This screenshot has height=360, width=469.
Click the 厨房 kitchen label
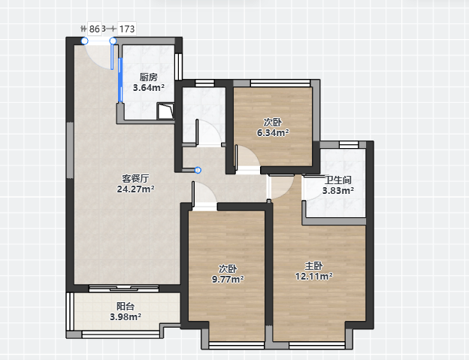click(149, 77)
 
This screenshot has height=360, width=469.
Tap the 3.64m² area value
click(149, 88)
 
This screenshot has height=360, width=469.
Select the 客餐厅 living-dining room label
click(135, 179)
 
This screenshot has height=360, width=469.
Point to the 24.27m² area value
click(135, 189)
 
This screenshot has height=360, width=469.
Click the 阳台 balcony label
click(126, 307)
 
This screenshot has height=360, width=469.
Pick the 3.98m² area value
click(126, 316)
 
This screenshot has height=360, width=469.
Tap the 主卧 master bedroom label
click(313, 265)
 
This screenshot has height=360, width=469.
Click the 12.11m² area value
click(313, 276)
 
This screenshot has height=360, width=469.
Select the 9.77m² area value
click(228, 279)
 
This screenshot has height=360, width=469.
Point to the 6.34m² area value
click(273, 132)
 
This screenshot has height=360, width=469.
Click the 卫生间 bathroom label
click(338, 180)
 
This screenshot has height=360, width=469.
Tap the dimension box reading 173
click(127, 29)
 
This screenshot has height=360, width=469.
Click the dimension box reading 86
click(95, 29)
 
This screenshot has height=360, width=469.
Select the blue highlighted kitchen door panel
click(120, 80)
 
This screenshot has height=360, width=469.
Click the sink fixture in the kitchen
click(165, 111)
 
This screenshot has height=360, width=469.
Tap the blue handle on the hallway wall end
click(198, 170)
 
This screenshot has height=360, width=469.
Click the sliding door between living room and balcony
click(124, 289)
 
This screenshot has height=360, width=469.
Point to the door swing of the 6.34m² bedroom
click(247, 158)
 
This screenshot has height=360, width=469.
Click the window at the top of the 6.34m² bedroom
click(280, 83)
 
